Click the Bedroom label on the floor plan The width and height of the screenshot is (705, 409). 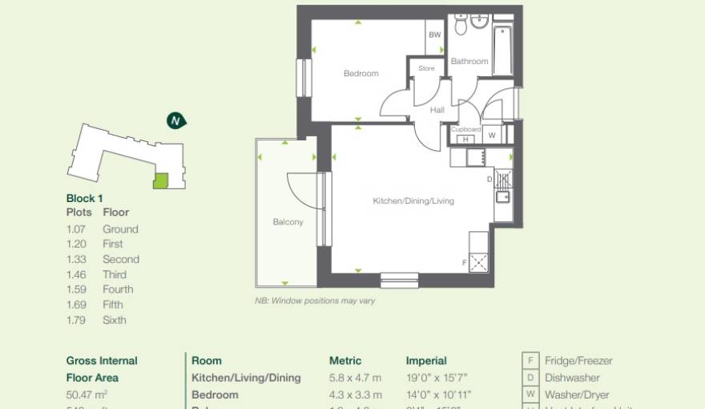[361, 74]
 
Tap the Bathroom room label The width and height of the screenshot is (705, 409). [469, 61]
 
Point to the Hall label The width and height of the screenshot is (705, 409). [437, 110]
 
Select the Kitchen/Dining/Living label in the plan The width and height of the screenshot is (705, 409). [413, 201]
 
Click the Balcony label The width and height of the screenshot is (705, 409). [288, 222]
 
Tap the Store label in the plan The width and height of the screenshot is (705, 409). [427, 69]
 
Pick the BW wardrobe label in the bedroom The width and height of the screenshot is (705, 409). [435, 35]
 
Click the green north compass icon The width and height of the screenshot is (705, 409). [175, 121]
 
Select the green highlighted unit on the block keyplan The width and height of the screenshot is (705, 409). [161, 181]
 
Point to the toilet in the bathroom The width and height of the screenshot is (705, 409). [461, 26]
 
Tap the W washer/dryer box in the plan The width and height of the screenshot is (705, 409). [492, 136]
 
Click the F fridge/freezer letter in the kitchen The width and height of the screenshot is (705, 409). [464, 262]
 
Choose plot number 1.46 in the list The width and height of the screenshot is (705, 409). [77, 274]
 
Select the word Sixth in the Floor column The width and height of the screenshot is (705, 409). [115, 320]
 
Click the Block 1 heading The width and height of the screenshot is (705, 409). [84, 198]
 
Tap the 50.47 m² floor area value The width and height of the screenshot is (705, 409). [87, 395]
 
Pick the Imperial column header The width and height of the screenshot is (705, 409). [426, 361]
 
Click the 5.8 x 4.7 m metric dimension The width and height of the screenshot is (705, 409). [355, 378]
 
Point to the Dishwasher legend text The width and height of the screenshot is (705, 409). [572, 378]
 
